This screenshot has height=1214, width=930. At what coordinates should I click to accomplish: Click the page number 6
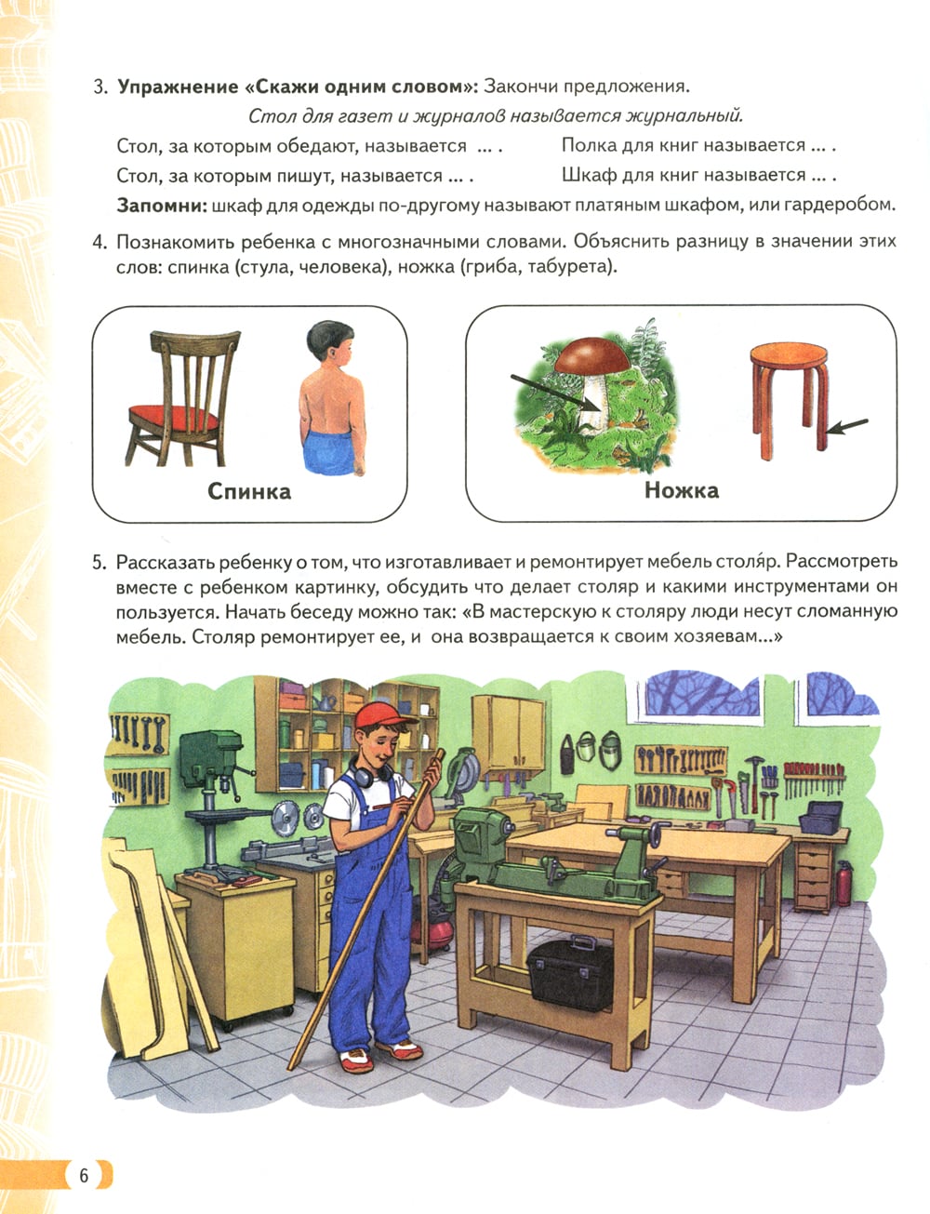click(84, 1175)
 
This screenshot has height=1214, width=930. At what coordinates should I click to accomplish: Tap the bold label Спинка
click(249, 491)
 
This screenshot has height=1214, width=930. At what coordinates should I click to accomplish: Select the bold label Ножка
click(682, 490)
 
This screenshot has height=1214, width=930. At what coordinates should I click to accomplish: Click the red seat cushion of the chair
click(173, 418)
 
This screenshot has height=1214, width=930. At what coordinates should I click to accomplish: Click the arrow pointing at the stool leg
click(847, 426)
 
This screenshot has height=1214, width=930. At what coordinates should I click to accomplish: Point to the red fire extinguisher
click(844, 883)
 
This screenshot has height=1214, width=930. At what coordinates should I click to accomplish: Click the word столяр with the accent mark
click(748, 562)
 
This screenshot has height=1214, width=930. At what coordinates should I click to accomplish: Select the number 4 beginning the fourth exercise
click(99, 243)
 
